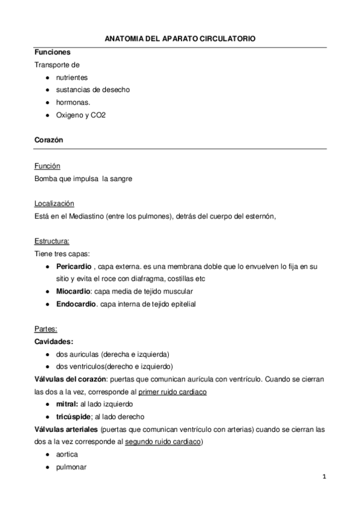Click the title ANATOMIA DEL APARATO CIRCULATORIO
[x=180, y=38]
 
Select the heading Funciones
[x=52, y=53]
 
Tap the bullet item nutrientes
[x=72, y=78]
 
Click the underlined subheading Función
[x=47, y=165]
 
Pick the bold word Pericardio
[x=73, y=266]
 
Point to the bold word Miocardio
[x=74, y=291]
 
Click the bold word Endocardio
[x=76, y=304]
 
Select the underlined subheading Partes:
[x=46, y=329]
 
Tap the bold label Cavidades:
[x=54, y=341]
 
